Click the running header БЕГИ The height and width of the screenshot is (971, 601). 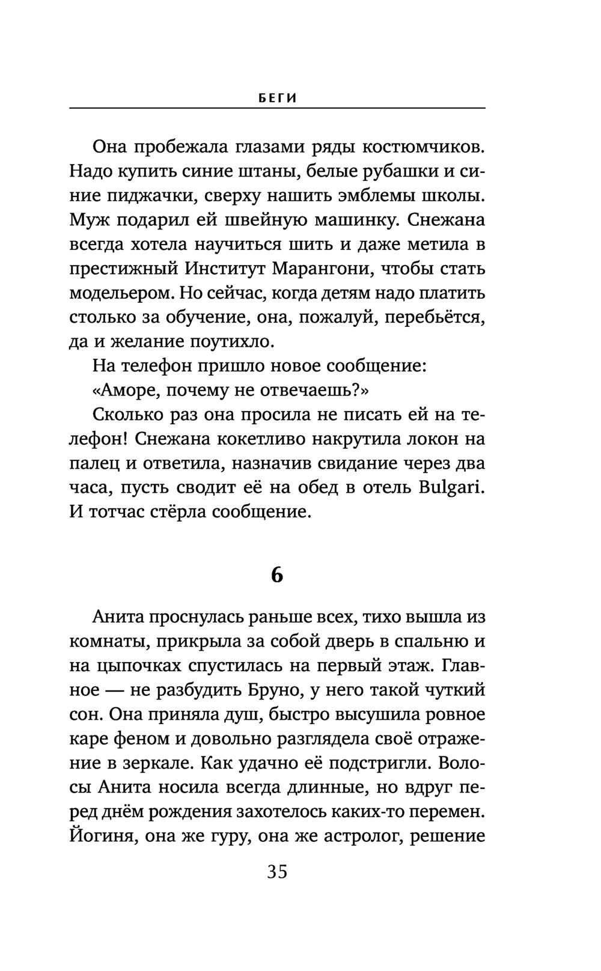point(277,99)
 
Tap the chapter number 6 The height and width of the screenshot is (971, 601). point(276,575)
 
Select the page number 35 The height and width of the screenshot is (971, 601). point(277,871)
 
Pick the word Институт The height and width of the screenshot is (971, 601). point(224,269)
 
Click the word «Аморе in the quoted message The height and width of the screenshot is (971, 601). point(126,391)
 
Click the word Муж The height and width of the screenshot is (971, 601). point(87,221)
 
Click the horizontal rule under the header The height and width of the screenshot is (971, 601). point(277,108)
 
